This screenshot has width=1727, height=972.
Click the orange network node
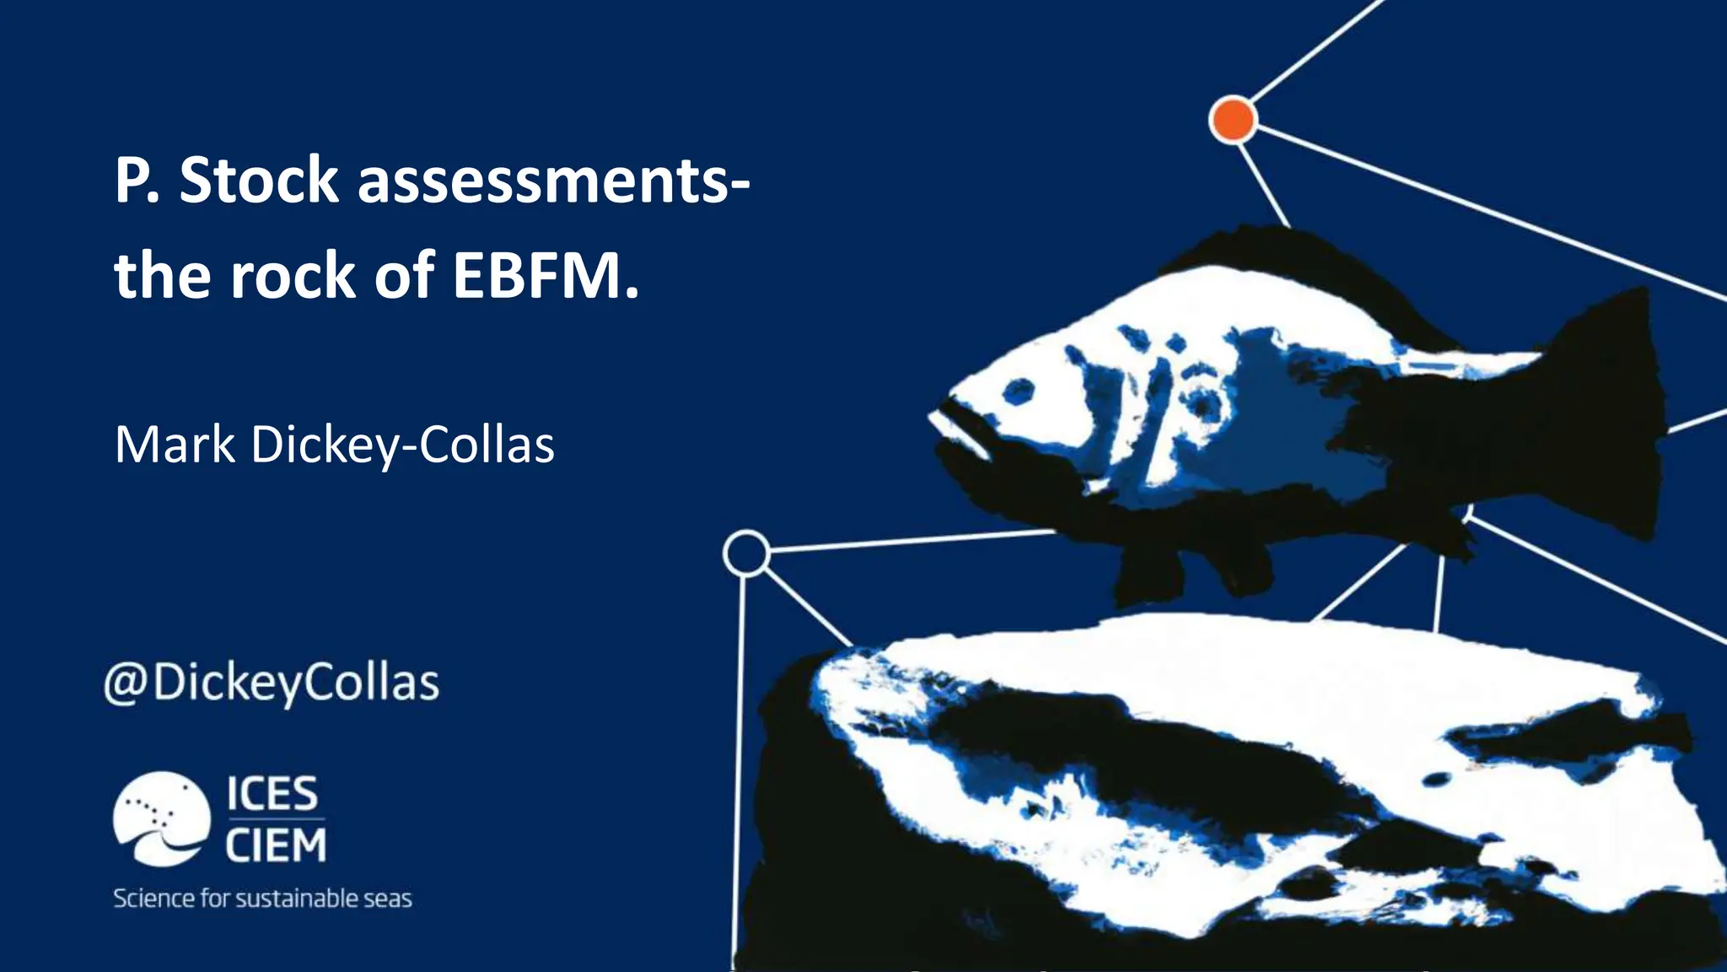point(1233,120)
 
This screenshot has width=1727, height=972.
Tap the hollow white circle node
point(746,553)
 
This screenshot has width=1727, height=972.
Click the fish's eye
point(1019,391)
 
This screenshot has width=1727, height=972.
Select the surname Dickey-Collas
point(402,445)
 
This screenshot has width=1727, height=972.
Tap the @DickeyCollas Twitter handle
point(272,683)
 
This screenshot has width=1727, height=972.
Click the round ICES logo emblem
point(161,818)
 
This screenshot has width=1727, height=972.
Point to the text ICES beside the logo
point(272,794)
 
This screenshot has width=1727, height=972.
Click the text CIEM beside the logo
point(275,845)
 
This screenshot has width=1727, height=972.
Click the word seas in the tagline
point(388,899)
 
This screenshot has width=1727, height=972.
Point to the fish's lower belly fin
point(1155,574)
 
